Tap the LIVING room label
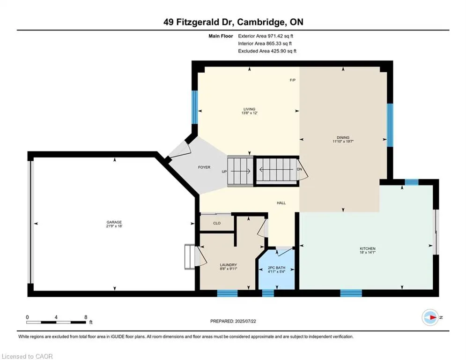point(249,109)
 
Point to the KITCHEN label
point(368,248)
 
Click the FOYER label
point(204,167)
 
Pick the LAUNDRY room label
point(229,265)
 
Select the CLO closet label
point(217,223)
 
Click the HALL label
point(281,203)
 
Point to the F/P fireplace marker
point(292,80)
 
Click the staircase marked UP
point(240,172)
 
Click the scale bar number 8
point(85,317)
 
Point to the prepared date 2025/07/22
point(233,321)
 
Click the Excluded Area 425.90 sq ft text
point(267,51)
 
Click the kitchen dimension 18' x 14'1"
point(368,253)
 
